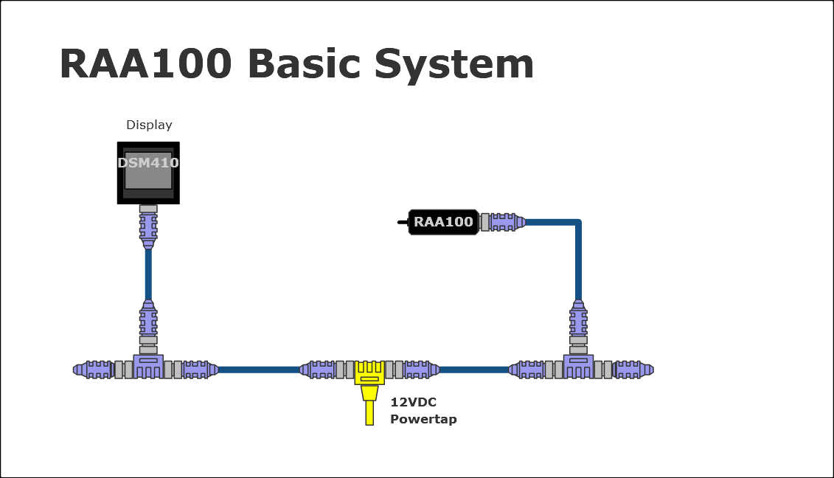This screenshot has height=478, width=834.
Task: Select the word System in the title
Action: pyautogui.click(x=454, y=65)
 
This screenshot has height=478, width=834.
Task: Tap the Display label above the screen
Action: pyautogui.click(x=149, y=125)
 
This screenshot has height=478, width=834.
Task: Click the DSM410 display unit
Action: pyautogui.click(x=148, y=172)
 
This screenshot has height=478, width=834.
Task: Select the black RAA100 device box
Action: pyautogui.click(x=443, y=221)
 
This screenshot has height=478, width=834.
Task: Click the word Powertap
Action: pyautogui.click(x=423, y=419)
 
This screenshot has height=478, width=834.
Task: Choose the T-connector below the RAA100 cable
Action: pyautogui.click(x=578, y=366)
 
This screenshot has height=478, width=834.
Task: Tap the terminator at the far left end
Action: pyautogui.click(x=93, y=369)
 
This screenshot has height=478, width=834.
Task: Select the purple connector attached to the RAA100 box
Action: pyautogui.click(x=505, y=221)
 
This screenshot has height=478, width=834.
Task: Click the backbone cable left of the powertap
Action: pyautogui.click(x=258, y=370)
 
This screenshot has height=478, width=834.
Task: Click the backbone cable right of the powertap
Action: pyautogui.click(x=473, y=370)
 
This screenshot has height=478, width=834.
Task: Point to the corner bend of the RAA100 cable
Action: pyautogui.click(x=577, y=222)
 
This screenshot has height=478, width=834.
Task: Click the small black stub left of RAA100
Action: pyautogui.click(x=403, y=221)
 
